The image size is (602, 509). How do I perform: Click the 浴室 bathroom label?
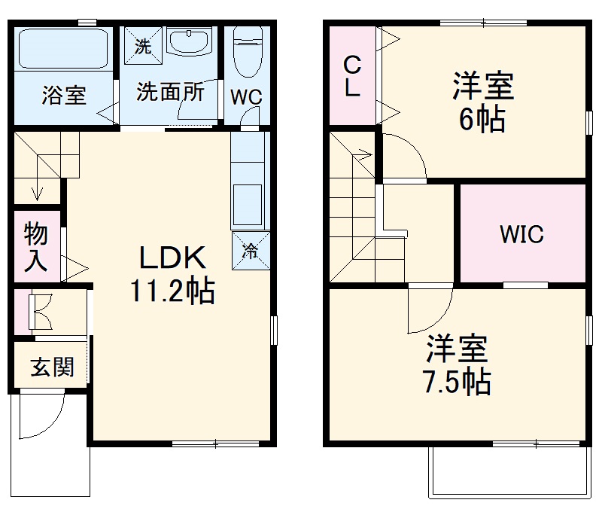[x=64, y=96]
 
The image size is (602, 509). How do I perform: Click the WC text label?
[x=245, y=98]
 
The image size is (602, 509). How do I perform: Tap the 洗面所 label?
[x=170, y=92]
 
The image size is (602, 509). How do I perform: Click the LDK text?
[x=172, y=258]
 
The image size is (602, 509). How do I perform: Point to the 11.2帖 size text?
[x=172, y=290]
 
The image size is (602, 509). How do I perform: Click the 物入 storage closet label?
[x=35, y=247]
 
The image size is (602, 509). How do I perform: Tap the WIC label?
[x=521, y=234]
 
